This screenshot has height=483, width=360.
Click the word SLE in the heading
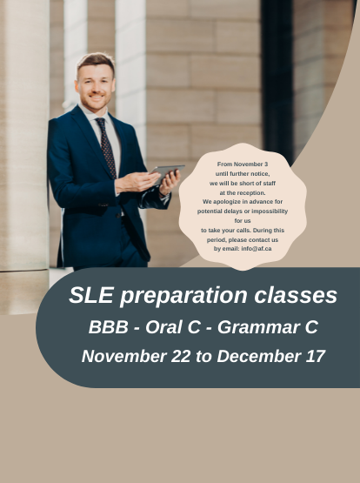pyautogui.click(x=91, y=295)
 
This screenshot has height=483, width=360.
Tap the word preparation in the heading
pyautogui.click(x=183, y=297)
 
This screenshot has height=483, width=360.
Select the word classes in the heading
pyautogui.click(x=296, y=295)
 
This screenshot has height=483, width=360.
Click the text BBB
pyautogui.click(x=109, y=327)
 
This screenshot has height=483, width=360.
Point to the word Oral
pyautogui.click(x=163, y=327)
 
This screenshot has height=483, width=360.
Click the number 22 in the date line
pyautogui.click(x=180, y=356)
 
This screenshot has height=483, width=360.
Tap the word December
pyautogui.click(x=259, y=356)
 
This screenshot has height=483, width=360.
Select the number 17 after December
pyautogui.click(x=316, y=356)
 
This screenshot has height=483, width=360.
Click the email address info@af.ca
pyautogui.click(x=257, y=249)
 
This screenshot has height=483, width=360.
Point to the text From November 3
pyautogui.click(x=243, y=164)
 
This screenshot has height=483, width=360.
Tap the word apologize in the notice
pyautogui.click(x=225, y=202)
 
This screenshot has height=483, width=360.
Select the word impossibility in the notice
pyautogui.click(x=270, y=211)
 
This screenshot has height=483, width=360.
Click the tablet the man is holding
pyautogui.click(x=168, y=172)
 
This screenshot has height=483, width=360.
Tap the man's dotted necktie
pyautogui.click(x=106, y=147)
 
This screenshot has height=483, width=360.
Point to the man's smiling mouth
pyautogui.click(x=97, y=97)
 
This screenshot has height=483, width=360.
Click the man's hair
pyautogui.click(x=96, y=62)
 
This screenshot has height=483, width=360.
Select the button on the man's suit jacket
pyautogui.click(x=119, y=215)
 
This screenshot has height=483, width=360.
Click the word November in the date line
pyautogui.click(x=124, y=356)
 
